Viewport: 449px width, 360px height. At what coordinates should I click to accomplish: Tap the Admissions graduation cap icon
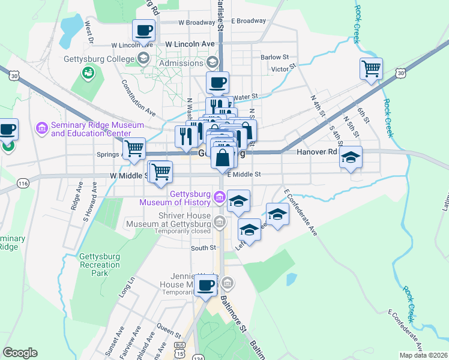pyautogui.click(x=143, y=58)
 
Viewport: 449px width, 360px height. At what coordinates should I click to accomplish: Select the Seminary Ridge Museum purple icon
pyautogui.click(x=42, y=128)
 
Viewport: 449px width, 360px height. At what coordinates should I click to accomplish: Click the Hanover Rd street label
pyautogui.click(x=317, y=153)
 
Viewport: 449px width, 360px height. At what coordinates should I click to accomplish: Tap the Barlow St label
pyautogui.click(x=275, y=57)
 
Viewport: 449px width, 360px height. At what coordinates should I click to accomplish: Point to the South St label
pyautogui.click(x=203, y=248)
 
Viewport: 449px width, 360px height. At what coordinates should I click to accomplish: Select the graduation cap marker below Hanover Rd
pyautogui.click(x=351, y=157)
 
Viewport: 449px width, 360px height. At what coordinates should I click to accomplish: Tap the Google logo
pyautogui.click(x=20, y=353)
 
